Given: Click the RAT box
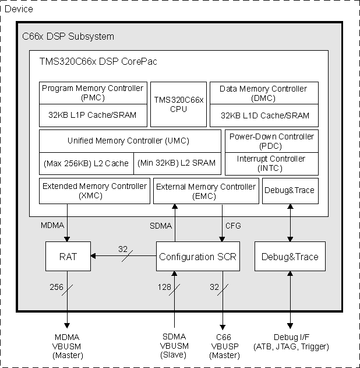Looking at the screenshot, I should click(68, 257).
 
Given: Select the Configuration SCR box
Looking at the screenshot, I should click(197, 257).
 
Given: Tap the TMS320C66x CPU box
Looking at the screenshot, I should click(179, 104).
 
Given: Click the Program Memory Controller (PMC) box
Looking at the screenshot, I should click(93, 93).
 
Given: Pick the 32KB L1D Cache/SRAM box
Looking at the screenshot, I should click(263, 115).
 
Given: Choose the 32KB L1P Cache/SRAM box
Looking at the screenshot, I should click(93, 115).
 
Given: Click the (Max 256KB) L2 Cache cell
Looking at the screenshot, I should click(86, 163).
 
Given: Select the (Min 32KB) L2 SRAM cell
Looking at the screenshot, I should click(177, 163).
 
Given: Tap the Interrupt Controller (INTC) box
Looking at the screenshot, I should click(271, 163).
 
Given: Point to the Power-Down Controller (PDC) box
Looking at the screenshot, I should click(271, 141).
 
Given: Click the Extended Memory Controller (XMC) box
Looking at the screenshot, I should click(95, 191).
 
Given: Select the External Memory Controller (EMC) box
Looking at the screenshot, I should click(205, 191).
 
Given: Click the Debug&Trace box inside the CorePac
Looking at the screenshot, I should click(290, 191).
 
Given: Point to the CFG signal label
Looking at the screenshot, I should click(232, 225).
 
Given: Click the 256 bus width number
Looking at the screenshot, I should click(56, 287).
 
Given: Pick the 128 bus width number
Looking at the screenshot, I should click(165, 287).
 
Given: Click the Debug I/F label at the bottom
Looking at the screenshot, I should click(291, 342).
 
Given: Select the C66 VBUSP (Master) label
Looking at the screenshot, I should click(224, 346).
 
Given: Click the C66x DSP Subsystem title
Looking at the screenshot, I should click(68, 37).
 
